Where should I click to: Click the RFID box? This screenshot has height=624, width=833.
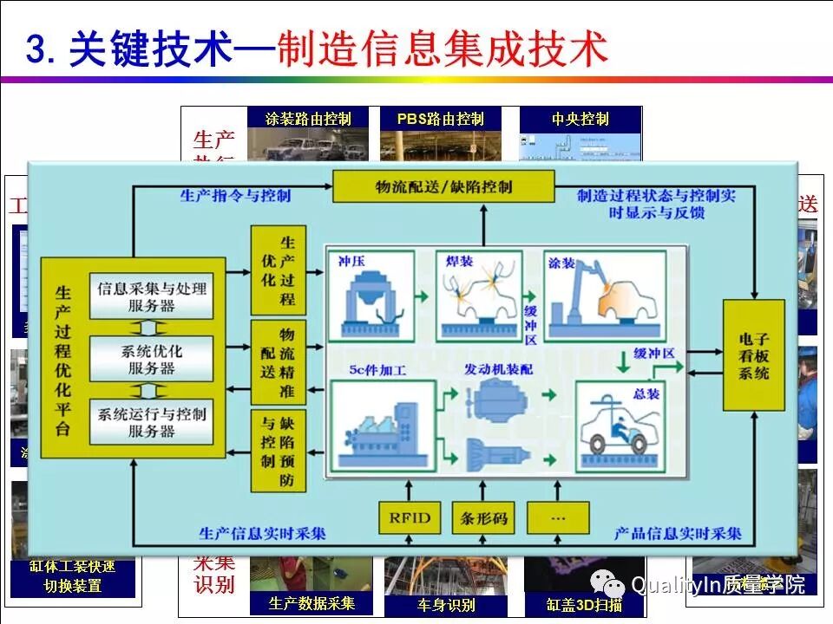410,517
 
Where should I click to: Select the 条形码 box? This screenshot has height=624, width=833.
483,517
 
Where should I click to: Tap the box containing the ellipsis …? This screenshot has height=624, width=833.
557,517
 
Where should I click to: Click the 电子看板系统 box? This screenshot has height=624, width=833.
754,354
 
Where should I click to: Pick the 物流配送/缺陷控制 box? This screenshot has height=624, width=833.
443,186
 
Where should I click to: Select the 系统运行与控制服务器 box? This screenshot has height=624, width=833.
152,422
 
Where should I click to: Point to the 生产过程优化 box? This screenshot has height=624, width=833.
279,270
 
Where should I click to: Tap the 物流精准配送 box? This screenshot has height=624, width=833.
279,361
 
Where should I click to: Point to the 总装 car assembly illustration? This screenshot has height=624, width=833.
620,423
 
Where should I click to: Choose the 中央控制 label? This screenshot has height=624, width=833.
580,119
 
